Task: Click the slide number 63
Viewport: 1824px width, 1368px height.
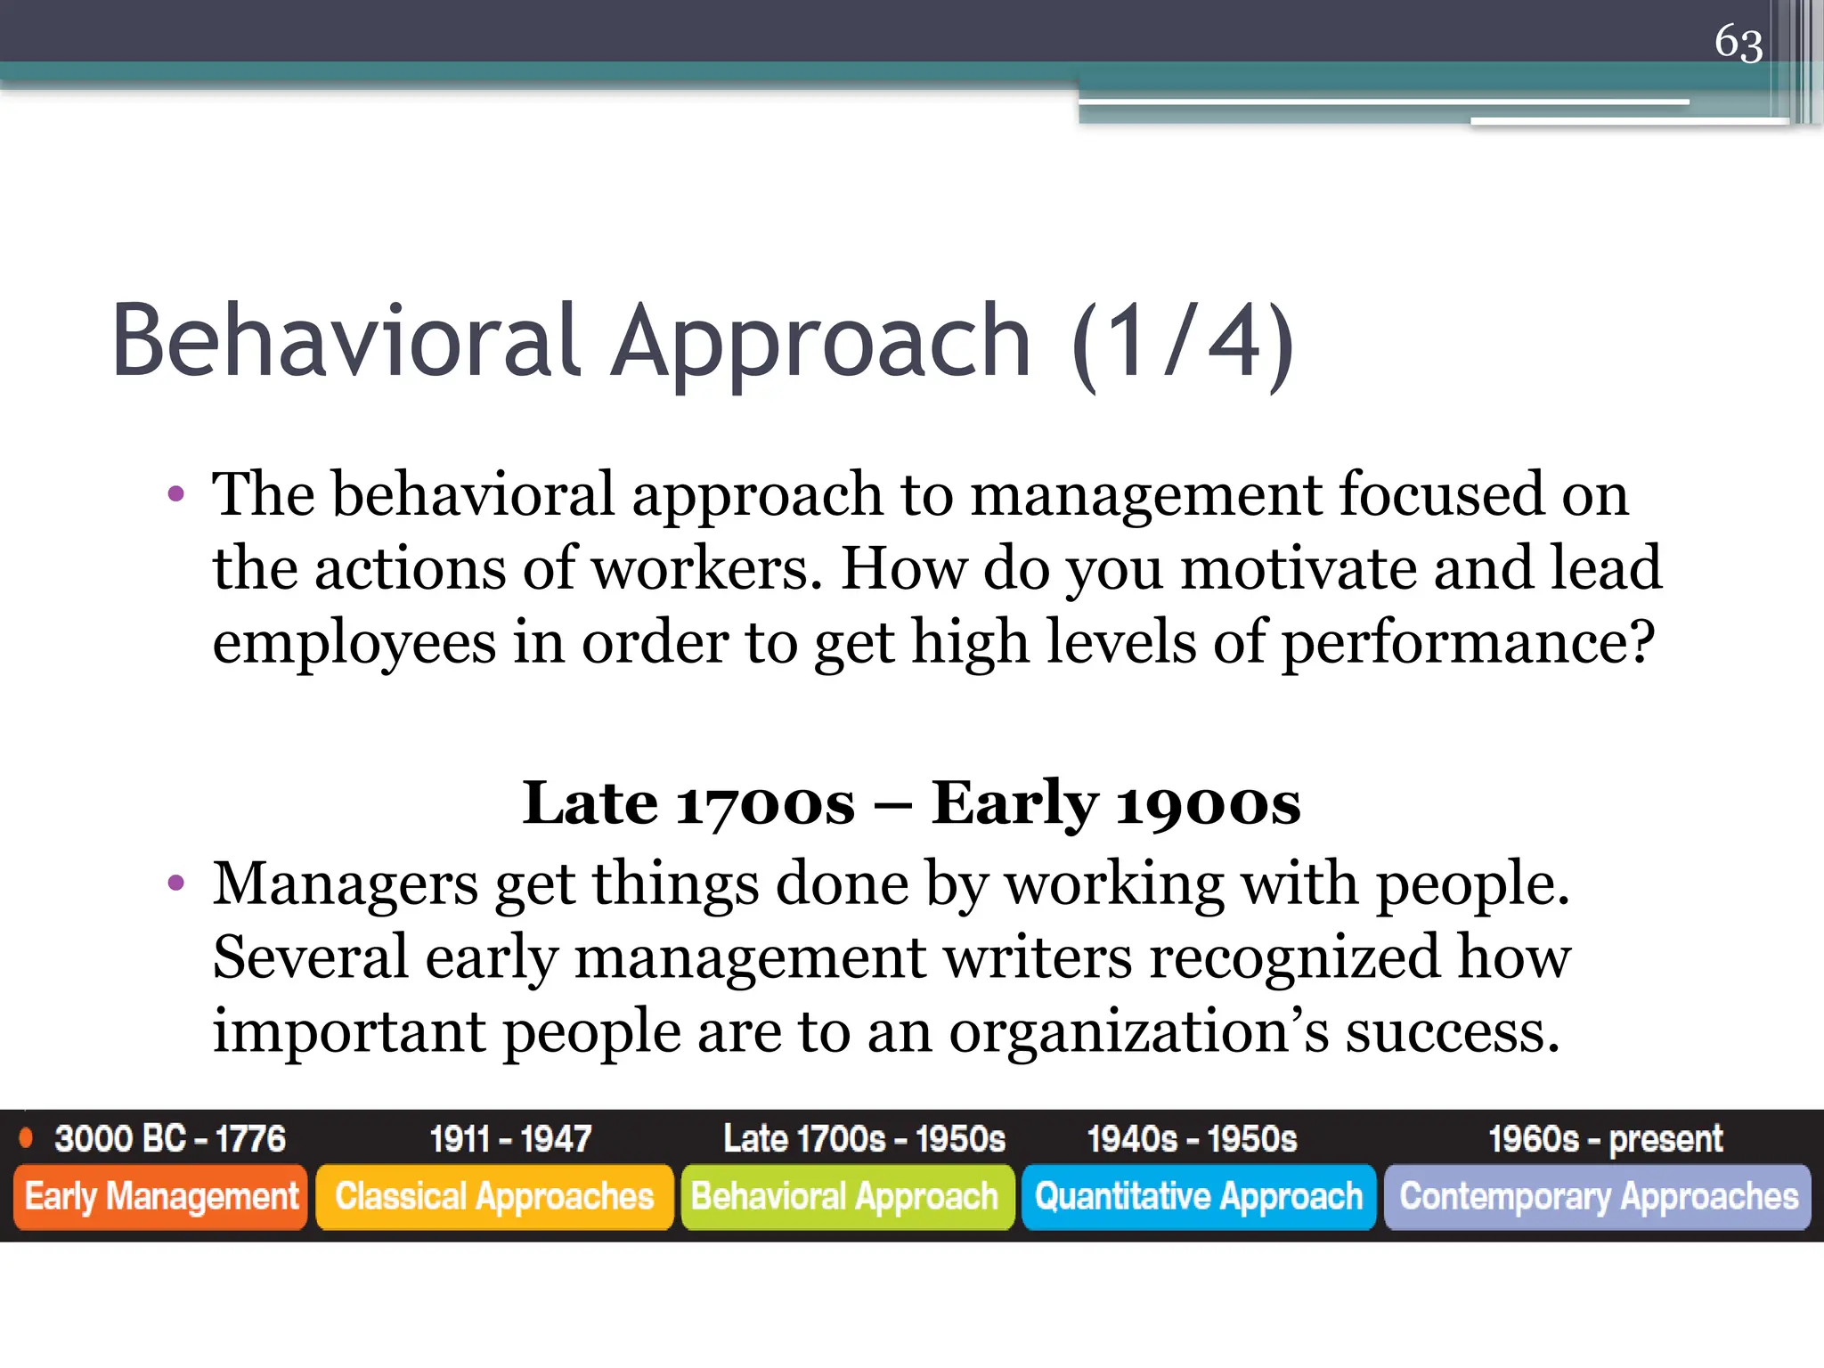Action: point(1738,43)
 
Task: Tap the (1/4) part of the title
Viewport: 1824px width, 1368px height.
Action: point(1183,343)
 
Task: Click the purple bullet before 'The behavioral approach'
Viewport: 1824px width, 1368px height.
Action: point(176,493)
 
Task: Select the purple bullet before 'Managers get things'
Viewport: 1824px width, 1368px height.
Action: point(176,883)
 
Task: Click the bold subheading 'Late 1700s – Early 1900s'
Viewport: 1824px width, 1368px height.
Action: point(910,803)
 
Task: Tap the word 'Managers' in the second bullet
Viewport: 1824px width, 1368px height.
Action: point(346,884)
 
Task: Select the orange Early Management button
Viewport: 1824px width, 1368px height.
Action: point(161,1197)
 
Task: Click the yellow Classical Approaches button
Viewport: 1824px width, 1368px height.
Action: point(494,1197)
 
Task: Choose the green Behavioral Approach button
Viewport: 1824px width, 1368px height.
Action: point(846,1197)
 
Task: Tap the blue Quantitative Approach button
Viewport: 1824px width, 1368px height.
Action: point(1199,1197)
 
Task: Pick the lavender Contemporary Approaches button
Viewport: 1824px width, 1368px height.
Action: point(1598,1197)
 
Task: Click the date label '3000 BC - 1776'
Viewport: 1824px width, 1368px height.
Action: point(170,1139)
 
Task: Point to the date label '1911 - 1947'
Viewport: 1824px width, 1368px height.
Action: point(510,1139)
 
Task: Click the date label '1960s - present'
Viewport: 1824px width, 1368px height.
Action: point(1605,1139)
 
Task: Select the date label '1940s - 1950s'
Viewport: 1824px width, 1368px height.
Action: point(1192,1139)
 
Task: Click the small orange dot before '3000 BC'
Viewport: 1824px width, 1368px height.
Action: point(27,1137)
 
